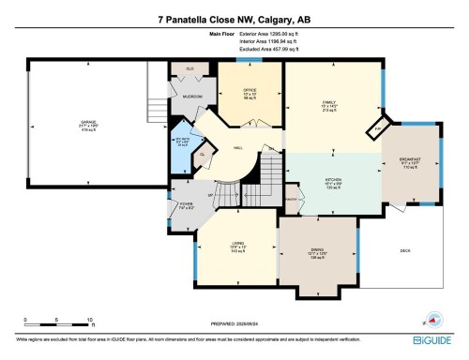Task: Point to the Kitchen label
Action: [x=332, y=183]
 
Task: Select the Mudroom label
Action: [x=192, y=97]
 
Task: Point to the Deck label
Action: [x=405, y=250]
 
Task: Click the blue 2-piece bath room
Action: [x=183, y=143]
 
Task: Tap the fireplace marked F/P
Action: [x=378, y=128]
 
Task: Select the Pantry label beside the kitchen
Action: [x=291, y=199]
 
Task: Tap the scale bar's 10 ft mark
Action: [x=87, y=320]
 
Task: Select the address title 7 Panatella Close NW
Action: [x=234, y=19]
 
